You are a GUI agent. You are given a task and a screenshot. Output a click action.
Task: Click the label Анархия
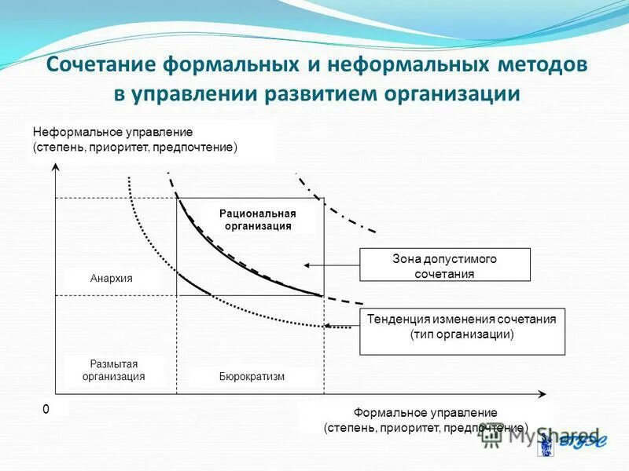pyautogui.click(x=111, y=279)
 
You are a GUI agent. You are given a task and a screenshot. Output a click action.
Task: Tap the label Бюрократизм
pyautogui.click(x=252, y=377)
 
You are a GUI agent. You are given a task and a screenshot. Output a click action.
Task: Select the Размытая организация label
pyautogui.click(x=114, y=371)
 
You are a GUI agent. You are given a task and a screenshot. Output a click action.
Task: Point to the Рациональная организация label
pyautogui.click(x=257, y=220)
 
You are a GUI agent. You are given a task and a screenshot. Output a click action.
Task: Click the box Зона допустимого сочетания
pyautogui.click(x=444, y=265)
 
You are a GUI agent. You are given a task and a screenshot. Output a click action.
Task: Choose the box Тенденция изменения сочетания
pyautogui.click(x=462, y=327)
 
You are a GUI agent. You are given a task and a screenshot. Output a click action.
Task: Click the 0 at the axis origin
pyautogui.click(x=46, y=409)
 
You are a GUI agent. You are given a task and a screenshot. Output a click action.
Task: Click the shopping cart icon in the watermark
pyautogui.click(x=491, y=439)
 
